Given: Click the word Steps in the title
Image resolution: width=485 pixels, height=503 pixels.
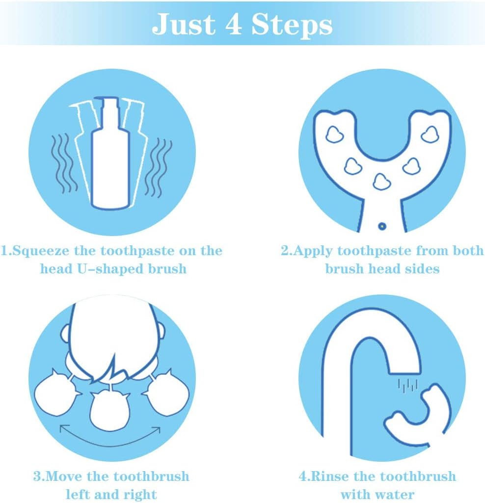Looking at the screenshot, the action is coord(292,25).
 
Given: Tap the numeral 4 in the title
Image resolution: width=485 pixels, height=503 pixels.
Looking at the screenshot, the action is coord(233,25).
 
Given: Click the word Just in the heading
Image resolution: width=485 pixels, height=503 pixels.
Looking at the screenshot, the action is coord(184,25).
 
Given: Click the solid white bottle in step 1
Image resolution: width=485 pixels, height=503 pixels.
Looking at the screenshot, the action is coord(111,153).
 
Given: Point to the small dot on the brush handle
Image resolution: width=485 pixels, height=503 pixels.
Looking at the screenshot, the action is coord(382,226).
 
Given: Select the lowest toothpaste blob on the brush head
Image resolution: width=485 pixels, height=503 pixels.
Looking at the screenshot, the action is coord(381,182).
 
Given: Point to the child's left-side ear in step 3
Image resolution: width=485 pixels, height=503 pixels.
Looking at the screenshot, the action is coord(65,334).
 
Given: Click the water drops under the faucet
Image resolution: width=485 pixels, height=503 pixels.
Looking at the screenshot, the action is coord(407,386).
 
